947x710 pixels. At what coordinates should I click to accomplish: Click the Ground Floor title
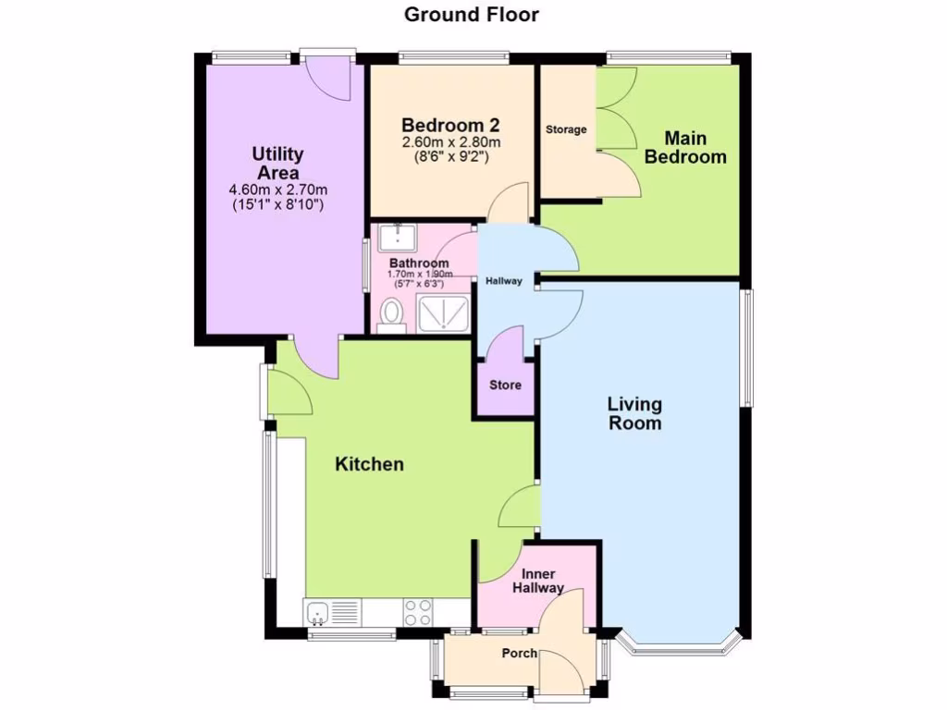click(472, 14)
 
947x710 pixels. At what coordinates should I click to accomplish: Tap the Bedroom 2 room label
click(450, 125)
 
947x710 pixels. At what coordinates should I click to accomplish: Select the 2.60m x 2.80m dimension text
click(450, 142)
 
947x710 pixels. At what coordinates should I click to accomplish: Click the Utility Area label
click(277, 164)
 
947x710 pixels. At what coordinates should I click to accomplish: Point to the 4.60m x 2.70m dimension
click(277, 190)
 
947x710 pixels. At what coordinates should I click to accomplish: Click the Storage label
click(566, 129)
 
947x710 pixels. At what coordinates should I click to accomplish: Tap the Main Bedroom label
click(685, 148)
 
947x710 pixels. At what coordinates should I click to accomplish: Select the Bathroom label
click(419, 263)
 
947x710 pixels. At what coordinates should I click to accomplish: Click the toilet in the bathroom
click(393, 315)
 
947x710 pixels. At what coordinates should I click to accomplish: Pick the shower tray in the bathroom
click(447, 314)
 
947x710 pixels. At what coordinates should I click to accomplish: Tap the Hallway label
click(505, 281)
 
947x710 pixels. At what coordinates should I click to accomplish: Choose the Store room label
click(505, 385)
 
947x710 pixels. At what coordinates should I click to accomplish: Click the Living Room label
click(634, 413)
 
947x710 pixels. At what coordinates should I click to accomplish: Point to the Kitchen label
click(369, 464)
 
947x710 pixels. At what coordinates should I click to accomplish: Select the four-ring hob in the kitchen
click(418, 611)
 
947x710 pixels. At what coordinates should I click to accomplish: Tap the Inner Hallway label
click(537, 580)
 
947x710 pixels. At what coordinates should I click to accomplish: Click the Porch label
click(519, 654)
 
